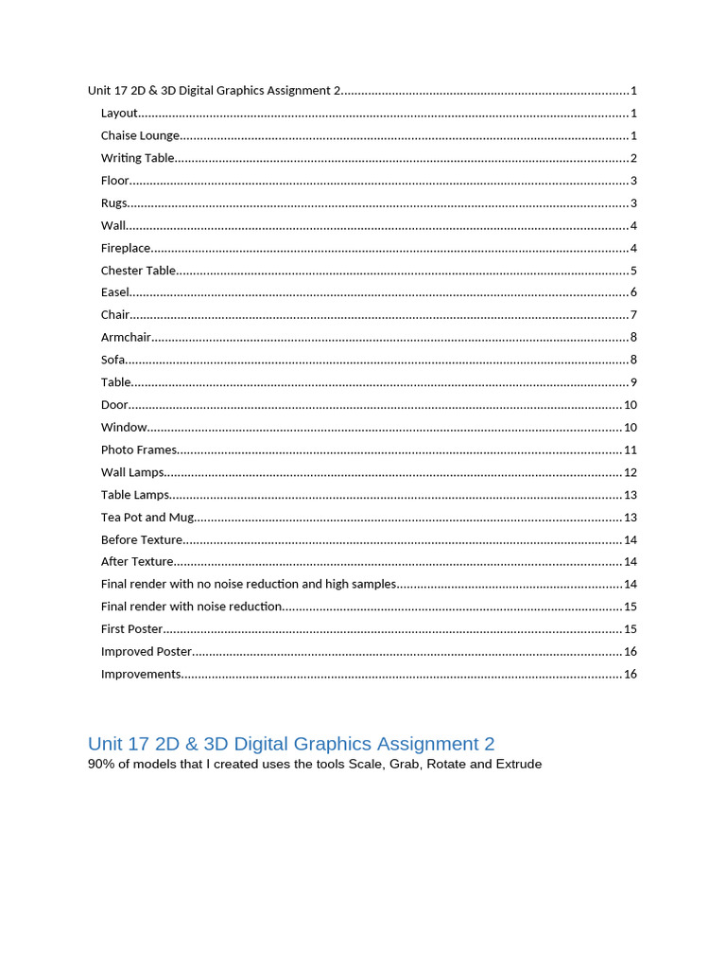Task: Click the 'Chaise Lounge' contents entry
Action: click(140, 135)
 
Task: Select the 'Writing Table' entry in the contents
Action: click(137, 158)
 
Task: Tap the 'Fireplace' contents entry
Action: click(126, 248)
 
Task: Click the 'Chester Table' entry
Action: click(138, 271)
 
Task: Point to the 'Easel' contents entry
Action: click(115, 292)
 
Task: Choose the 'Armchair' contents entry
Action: click(126, 337)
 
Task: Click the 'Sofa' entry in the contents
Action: click(113, 360)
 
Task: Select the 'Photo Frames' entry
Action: click(139, 449)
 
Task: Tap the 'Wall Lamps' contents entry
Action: click(132, 472)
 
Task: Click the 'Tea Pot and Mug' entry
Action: click(147, 517)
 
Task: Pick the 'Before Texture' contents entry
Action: click(142, 539)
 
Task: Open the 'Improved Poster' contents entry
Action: click(147, 651)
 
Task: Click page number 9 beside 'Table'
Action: click(633, 382)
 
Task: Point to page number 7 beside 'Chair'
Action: click(633, 315)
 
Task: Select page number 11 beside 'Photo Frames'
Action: click(631, 449)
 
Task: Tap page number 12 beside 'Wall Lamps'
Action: click(631, 472)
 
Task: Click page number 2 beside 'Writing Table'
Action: click(633, 158)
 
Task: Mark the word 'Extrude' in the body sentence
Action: click(519, 765)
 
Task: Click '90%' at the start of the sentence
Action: click(101, 765)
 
